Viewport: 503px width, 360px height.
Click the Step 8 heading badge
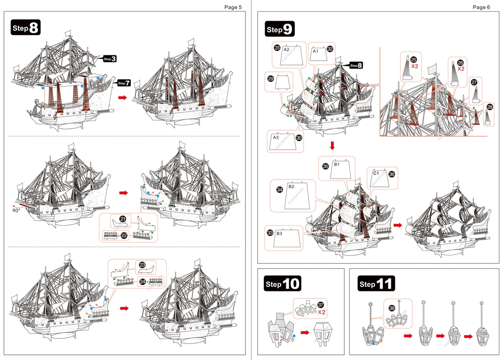point(26,28)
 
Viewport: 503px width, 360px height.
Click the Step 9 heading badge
point(280,29)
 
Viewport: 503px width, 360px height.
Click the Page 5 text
point(233,7)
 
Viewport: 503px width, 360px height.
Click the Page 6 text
point(481,7)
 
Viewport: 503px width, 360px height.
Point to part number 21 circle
point(123,219)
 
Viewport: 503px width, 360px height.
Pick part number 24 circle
point(142,281)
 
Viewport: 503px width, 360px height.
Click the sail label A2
point(286,49)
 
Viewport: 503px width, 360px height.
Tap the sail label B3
point(279,233)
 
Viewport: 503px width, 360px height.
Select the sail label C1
point(376,173)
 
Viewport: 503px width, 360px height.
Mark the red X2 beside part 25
point(415,66)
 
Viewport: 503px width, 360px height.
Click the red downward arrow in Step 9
point(332,146)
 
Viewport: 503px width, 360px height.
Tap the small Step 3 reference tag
point(110,59)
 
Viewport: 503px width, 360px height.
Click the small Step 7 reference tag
point(123,83)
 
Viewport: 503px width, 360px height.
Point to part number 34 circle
point(279,190)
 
